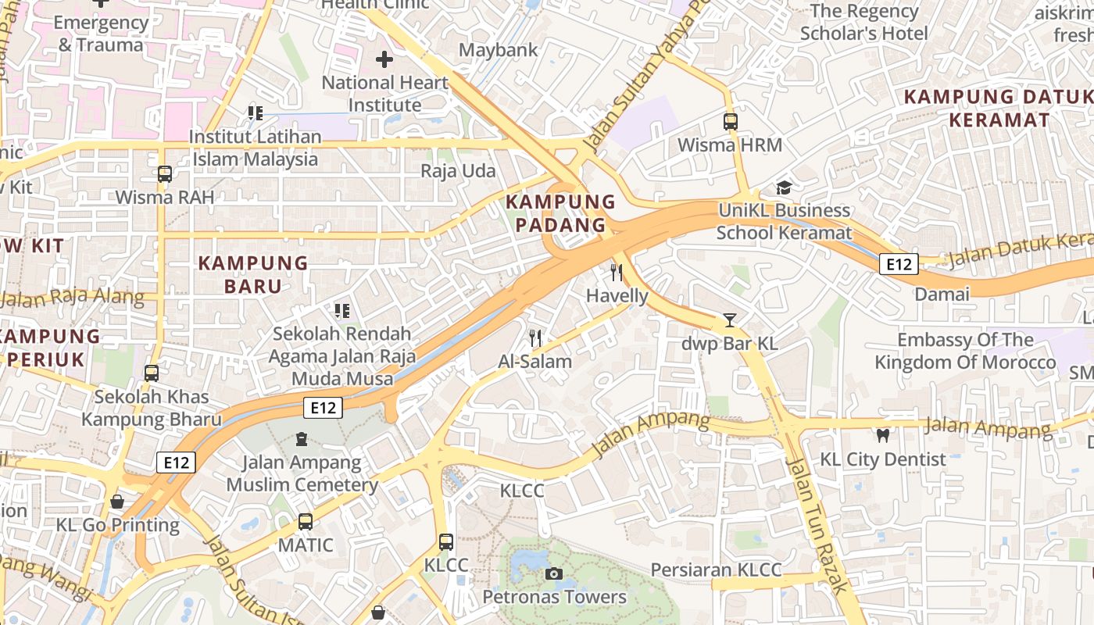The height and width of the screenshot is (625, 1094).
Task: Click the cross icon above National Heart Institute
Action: tap(384, 59)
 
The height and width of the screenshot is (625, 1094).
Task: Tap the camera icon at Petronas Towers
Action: tap(554, 574)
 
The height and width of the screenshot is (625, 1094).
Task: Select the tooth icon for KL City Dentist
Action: tap(883, 436)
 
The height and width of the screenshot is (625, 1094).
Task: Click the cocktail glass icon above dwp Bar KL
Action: tap(730, 320)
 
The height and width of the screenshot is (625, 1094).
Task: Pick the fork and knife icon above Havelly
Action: tap(617, 273)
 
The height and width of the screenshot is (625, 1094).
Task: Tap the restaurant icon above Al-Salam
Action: tap(535, 337)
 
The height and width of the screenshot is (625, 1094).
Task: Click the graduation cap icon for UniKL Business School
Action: tap(784, 187)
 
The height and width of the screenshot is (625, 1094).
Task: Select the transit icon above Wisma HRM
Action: tap(731, 122)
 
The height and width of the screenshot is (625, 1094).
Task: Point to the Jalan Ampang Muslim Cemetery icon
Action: tap(302, 439)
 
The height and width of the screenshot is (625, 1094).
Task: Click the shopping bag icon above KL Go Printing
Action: tap(117, 501)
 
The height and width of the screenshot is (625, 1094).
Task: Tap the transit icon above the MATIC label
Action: tap(306, 521)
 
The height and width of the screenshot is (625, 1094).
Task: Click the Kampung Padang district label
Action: tap(560, 213)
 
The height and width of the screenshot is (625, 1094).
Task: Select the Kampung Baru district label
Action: tap(253, 274)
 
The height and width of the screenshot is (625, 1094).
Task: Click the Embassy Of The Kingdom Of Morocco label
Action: tap(965, 352)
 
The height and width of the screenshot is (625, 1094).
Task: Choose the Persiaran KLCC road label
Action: tap(716, 570)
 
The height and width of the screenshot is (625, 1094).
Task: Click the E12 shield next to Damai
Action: tap(898, 264)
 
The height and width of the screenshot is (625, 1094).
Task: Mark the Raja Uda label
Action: tap(458, 170)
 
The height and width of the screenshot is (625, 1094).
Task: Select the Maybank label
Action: tap(498, 50)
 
